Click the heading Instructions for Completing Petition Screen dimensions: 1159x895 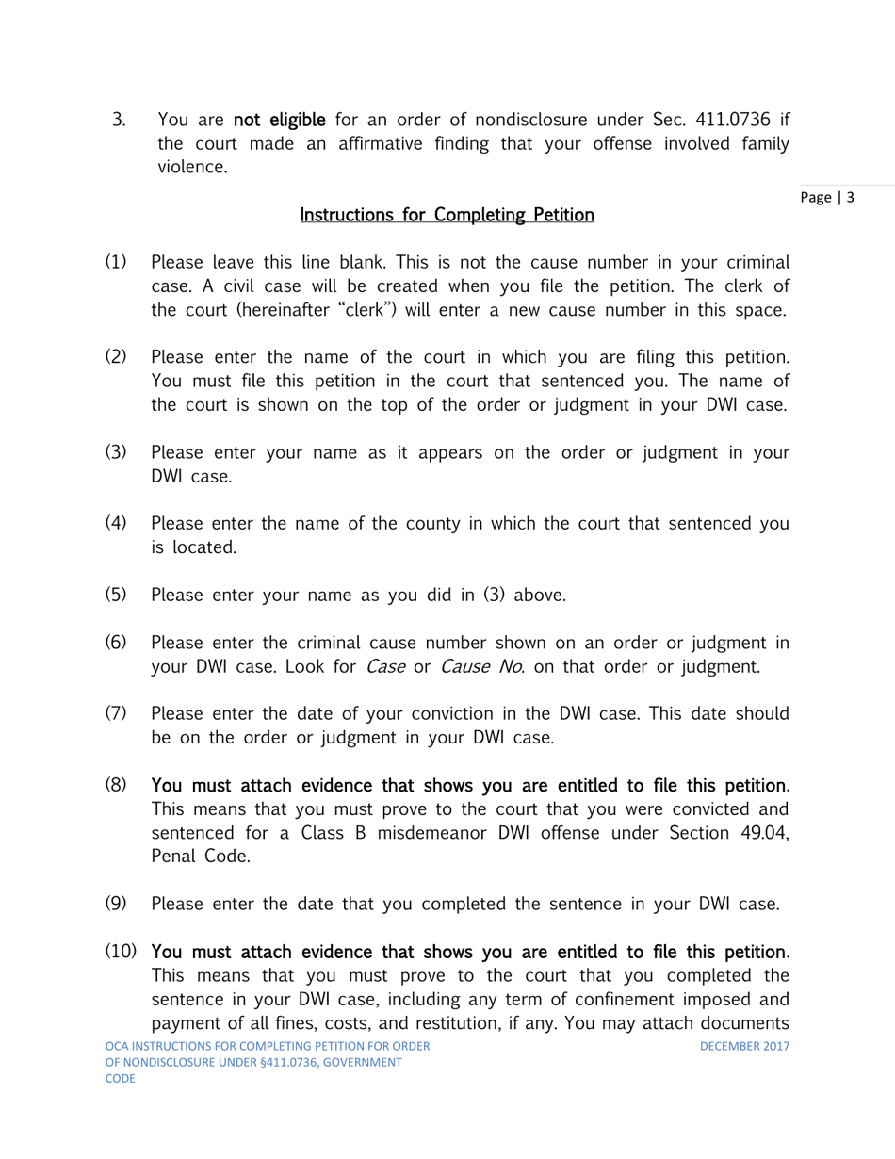tap(447, 216)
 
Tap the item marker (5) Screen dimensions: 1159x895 tap(115, 595)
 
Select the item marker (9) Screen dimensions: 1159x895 tap(115, 906)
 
